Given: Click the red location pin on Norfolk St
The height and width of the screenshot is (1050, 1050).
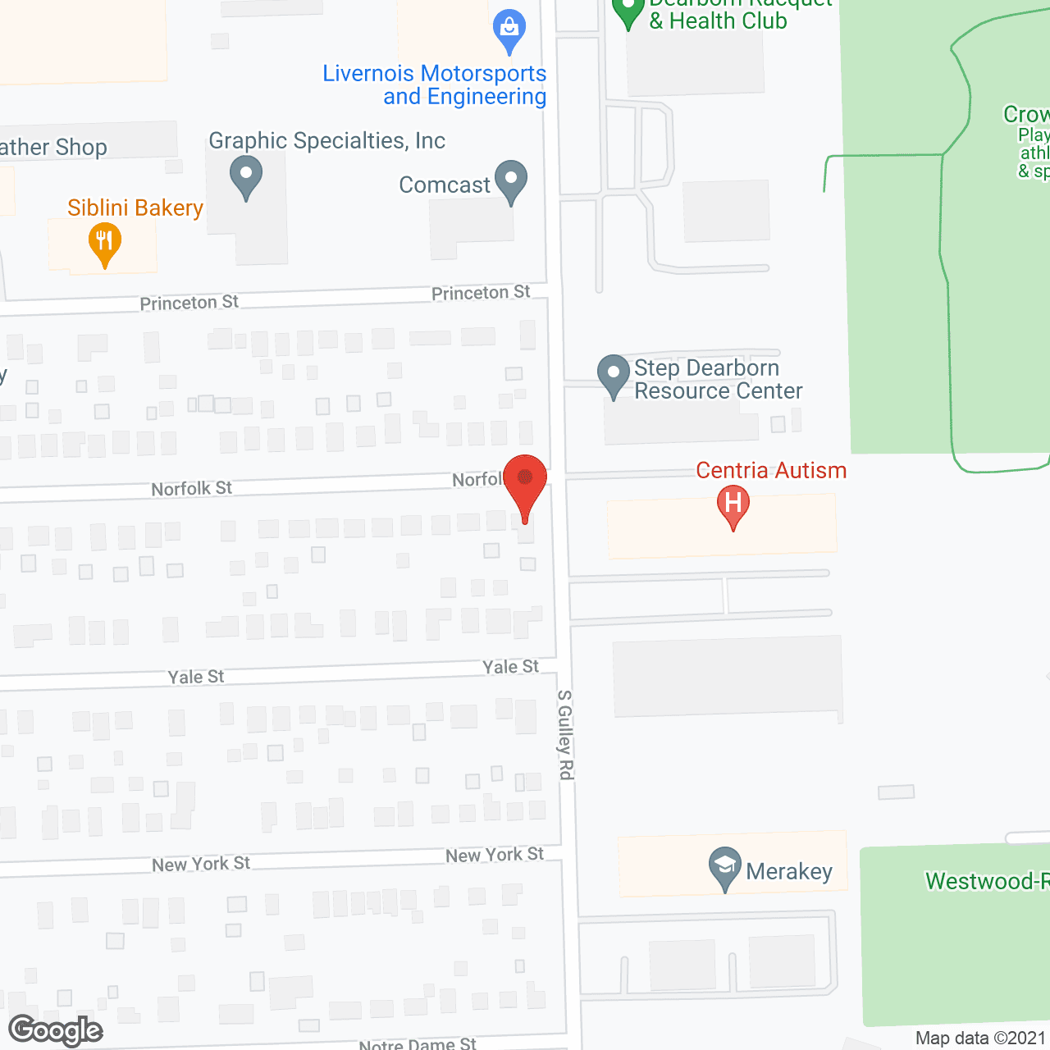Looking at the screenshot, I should point(524,479).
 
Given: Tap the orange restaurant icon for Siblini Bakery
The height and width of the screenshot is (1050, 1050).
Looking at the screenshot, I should point(104,243).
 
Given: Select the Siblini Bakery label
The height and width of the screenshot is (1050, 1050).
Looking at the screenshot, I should point(135,208).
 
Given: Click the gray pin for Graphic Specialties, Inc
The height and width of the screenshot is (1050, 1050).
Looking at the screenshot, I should point(245,176).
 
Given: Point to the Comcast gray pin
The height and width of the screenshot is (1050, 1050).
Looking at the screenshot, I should point(510,180).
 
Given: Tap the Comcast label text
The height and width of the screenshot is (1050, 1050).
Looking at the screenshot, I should point(444,185).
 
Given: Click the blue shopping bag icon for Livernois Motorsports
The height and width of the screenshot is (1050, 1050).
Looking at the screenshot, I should point(509,30).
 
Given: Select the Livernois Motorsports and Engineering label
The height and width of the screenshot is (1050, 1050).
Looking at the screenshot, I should point(435,85).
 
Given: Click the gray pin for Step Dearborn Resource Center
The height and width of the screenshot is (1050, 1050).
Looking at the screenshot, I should point(613,374).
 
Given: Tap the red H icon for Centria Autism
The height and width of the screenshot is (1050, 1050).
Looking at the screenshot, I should point(733,504).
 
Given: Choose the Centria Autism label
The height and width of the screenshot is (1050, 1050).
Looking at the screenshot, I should point(771,471).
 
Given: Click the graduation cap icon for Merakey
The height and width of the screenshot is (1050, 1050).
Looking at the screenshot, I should point(724,866).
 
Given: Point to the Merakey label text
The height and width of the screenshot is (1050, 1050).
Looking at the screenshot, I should point(788,871).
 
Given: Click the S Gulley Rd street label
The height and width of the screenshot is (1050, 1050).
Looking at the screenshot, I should point(565,734).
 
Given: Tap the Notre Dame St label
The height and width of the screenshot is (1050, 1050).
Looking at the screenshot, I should point(418,1043).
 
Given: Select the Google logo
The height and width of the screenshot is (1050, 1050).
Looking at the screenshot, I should point(55,1030).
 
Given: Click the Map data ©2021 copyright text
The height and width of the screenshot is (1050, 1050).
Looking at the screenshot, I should point(980,1039).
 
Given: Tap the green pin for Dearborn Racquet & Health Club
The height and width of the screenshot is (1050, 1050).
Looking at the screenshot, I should point(628,11).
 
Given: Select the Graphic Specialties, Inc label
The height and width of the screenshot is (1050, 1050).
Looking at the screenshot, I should point(326,141).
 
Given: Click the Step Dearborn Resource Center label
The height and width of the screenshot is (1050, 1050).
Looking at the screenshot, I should point(718,380).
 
